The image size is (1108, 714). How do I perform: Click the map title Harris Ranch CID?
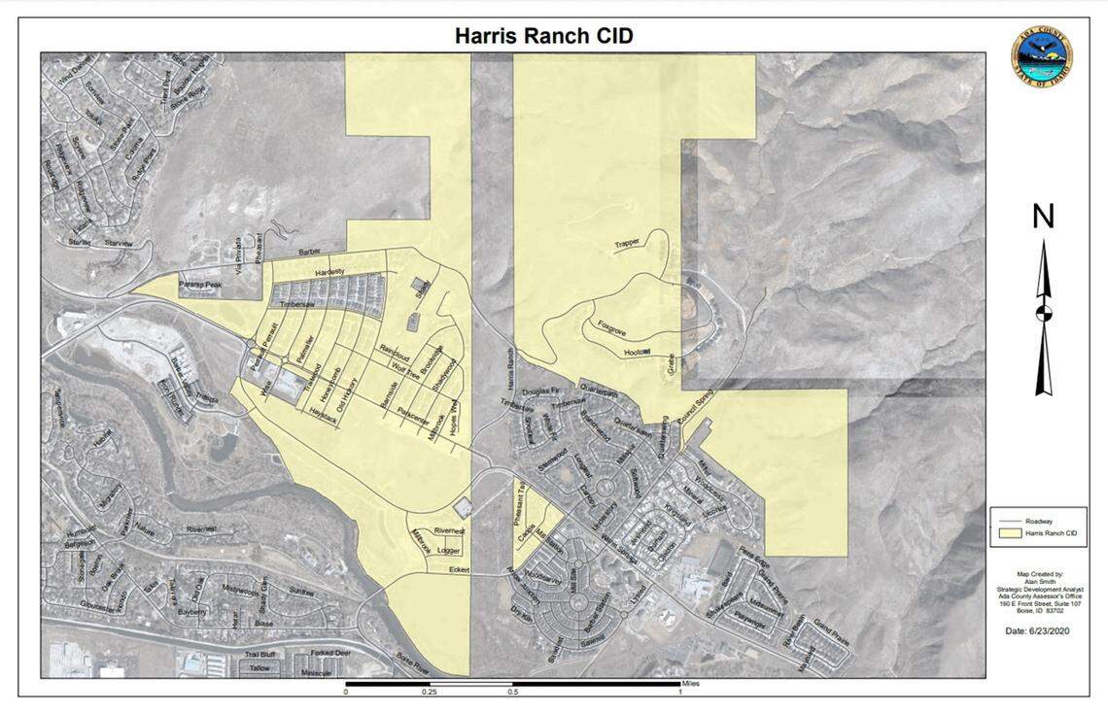tap(544, 37)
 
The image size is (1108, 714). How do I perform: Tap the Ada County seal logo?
tap(1041, 58)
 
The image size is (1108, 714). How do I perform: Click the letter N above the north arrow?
tap(1043, 217)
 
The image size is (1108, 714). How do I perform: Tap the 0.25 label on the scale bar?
tap(429, 693)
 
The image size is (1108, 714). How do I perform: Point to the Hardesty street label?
tap(329, 272)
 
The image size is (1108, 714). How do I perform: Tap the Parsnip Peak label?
tap(201, 285)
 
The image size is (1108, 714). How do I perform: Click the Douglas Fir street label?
tap(540, 391)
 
